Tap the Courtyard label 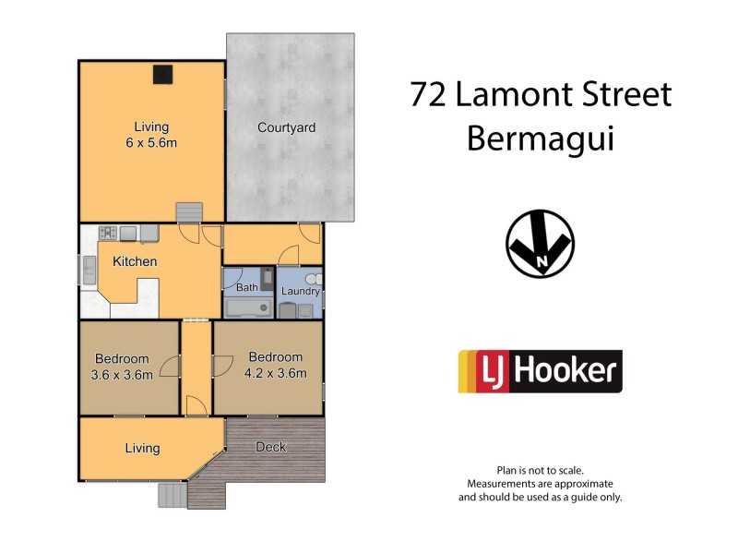[286, 127]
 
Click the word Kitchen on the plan [135, 262]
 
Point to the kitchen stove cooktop [107, 233]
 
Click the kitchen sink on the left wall [88, 271]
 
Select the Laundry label [301, 292]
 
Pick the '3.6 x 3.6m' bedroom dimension [122, 374]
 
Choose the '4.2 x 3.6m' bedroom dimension [275, 373]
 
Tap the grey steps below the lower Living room [171, 497]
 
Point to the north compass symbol [540, 245]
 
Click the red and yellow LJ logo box [480, 372]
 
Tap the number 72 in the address [431, 94]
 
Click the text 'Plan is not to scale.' [540, 470]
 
